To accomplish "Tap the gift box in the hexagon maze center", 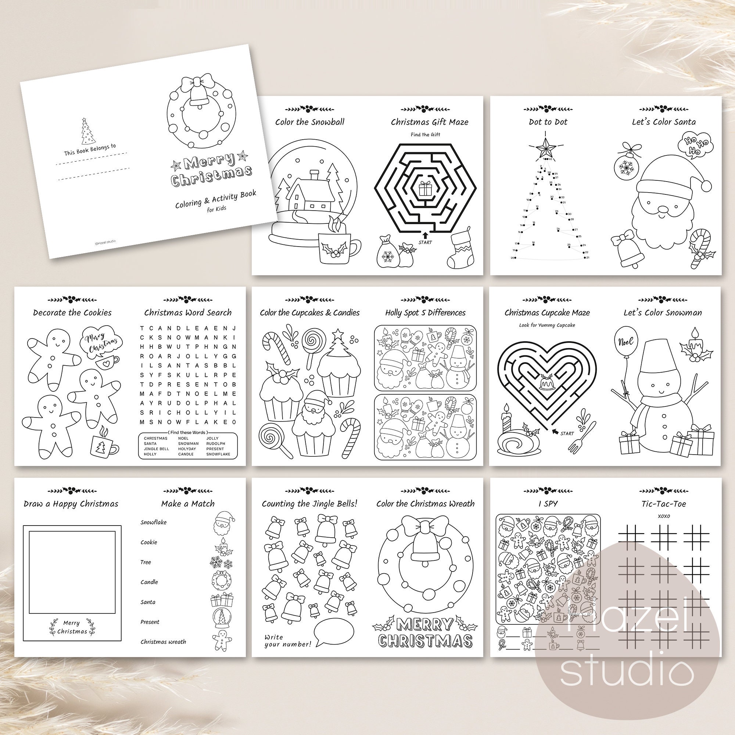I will (x=425, y=188).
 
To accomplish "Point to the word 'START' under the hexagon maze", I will (x=425, y=242).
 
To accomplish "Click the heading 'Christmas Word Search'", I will (x=188, y=313).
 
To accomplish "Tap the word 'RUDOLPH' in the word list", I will (x=216, y=444).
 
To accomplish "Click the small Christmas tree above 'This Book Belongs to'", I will (x=88, y=131).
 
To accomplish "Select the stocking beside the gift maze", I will (x=462, y=248).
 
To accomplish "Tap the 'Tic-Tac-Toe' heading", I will (x=663, y=504).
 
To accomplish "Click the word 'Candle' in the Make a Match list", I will (x=149, y=582).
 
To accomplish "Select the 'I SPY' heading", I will (x=548, y=504).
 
